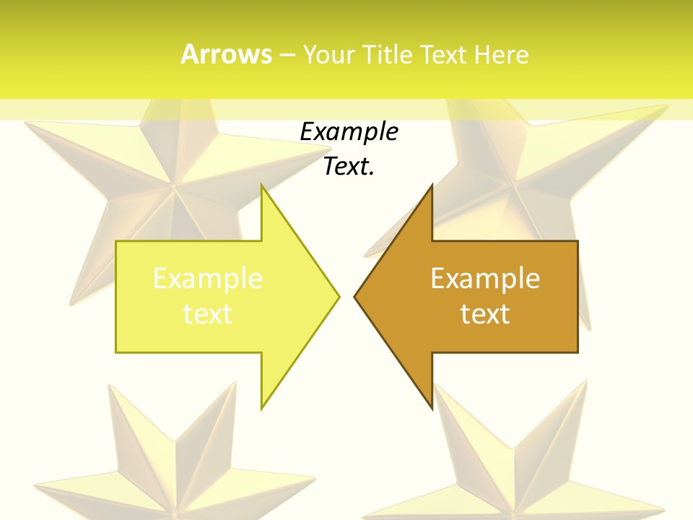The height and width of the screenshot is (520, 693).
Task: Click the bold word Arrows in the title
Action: (226, 54)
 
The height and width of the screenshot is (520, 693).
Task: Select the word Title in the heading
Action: (392, 54)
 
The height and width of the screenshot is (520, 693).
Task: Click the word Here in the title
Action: (501, 54)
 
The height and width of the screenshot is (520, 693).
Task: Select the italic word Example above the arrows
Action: (349, 132)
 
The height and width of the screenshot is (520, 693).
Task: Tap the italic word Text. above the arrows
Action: (349, 167)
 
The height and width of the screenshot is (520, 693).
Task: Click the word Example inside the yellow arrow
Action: (208, 278)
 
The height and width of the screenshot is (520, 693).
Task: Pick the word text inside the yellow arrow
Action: (208, 313)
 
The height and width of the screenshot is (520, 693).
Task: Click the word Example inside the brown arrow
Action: (485, 278)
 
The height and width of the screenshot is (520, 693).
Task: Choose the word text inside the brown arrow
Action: (485, 313)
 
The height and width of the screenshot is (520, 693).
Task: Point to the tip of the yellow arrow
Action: (339, 296)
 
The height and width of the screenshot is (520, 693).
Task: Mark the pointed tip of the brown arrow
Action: (354, 296)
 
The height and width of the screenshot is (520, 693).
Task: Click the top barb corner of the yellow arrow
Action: (261, 185)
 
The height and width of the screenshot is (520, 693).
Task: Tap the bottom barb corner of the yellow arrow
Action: (261, 409)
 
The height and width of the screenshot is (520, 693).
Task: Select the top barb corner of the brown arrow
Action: (432, 185)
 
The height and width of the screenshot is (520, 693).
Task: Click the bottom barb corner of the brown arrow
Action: (432, 409)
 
